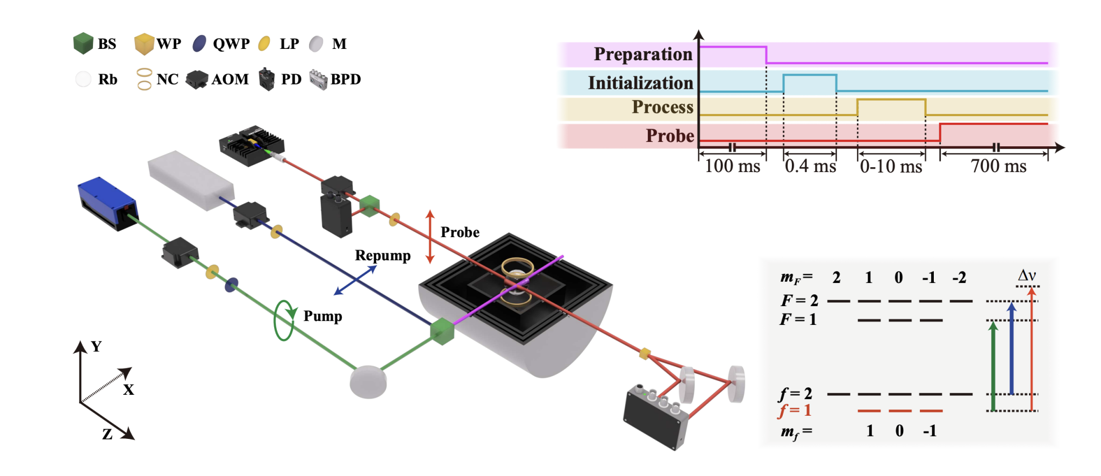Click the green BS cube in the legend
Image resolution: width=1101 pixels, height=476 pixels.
[x=83, y=44]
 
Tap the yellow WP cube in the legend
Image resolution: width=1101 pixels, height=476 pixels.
[x=144, y=44]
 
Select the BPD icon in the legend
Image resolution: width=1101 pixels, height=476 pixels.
[x=319, y=80]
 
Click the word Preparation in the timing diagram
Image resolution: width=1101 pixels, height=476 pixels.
[x=642, y=54]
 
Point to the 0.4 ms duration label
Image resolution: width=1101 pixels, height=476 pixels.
[x=810, y=166]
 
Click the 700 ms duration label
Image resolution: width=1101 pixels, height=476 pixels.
[x=998, y=166]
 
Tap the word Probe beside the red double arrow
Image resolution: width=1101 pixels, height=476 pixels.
[x=460, y=232]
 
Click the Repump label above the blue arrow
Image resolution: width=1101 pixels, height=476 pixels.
[x=382, y=255]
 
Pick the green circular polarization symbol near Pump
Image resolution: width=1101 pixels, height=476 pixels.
[x=284, y=321]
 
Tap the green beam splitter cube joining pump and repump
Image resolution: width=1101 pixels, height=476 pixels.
[x=442, y=331]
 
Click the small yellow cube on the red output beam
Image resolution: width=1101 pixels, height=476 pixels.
[x=645, y=353]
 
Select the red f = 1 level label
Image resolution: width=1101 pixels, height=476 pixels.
[x=795, y=411]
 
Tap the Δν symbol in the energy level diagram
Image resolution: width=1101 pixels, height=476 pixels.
[x=1026, y=275]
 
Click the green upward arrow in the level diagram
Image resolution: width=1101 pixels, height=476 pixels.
[x=993, y=366]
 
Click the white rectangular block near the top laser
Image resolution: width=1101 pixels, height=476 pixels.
[x=190, y=180]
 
